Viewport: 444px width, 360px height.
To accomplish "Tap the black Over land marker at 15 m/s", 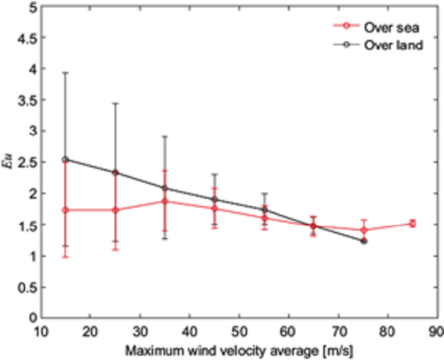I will click(66, 159).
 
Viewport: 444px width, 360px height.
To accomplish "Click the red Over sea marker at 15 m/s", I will click(66, 210).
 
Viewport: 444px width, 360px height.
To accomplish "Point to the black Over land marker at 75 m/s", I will click(363, 241).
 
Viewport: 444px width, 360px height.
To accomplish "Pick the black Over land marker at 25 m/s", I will click(115, 173).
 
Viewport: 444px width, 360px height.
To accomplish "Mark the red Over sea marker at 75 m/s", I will click(363, 230).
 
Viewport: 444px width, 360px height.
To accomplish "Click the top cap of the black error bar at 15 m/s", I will click(66, 73).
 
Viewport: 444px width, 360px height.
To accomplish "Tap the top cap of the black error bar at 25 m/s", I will click(115, 103).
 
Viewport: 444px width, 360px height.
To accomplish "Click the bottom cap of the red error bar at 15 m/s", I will click(66, 257).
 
